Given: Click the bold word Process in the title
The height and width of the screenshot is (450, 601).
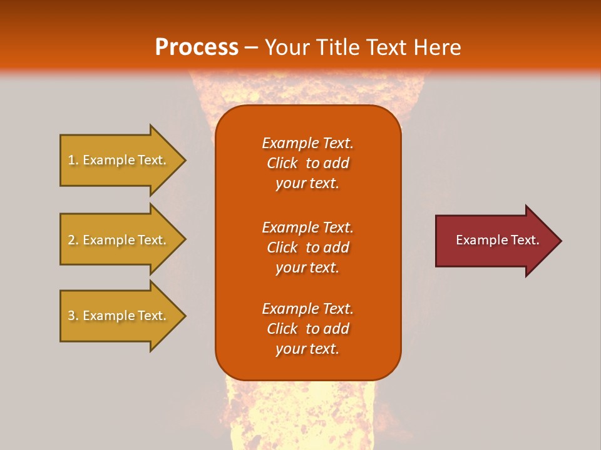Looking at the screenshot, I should pyautogui.click(x=197, y=47).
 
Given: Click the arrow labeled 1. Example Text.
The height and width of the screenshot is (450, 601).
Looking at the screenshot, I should pyautogui.click(x=119, y=160).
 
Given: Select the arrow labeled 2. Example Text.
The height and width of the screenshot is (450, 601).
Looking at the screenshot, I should pyautogui.click(x=119, y=240).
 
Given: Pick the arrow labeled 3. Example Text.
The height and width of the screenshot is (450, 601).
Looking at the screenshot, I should pyautogui.click(x=119, y=316).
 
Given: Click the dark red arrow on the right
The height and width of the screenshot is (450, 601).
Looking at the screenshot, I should pyautogui.click(x=495, y=241).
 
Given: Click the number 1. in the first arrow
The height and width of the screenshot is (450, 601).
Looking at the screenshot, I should pyautogui.click(x=73, y=160).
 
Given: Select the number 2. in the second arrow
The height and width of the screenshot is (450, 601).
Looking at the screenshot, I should pyautogui.click(x=73, y=240).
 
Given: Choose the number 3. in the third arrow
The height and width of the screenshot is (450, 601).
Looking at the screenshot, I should pyautogui.click(x=73, y=316).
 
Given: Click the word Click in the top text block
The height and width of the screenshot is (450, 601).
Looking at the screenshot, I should pyautogui.click(x=282, y=163).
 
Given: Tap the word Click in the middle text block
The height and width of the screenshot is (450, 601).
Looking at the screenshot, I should pyautogui.click(x=282, y=247).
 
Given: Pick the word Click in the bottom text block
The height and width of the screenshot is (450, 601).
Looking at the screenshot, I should pyautogui.click(x=282, y=329).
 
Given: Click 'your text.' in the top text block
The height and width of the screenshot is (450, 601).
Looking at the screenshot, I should pyautogui.click(x=307, y=183).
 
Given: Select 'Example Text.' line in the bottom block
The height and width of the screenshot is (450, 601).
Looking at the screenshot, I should pyautogui.click(x=307, y=309).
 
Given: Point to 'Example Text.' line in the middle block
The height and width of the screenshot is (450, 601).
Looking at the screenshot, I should pyautogui.click(x=307, y=227).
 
